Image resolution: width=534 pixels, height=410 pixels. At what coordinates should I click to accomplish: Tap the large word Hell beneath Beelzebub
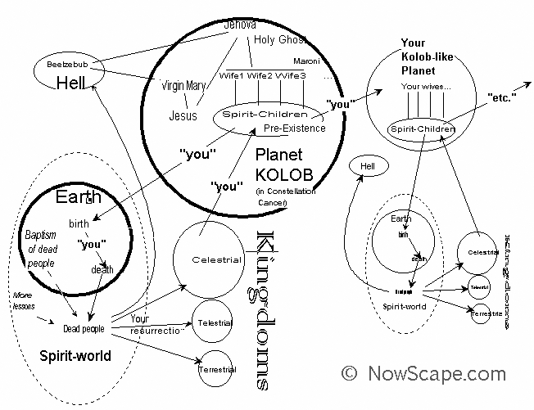(71, 82)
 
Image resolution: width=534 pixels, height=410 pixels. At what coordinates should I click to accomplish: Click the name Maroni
(307, 61)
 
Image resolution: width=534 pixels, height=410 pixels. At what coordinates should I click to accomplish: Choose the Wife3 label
(291, 76)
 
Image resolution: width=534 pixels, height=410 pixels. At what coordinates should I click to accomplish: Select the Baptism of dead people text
(40, 250)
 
